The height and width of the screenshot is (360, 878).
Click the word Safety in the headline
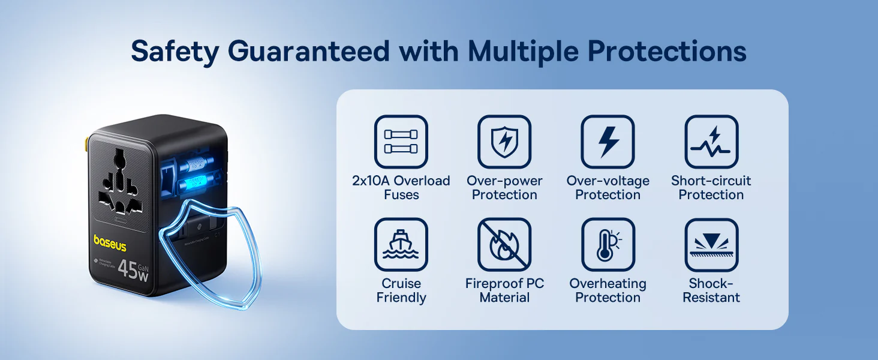[x=175, y=52]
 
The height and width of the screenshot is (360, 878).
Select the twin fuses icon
[x=401, y=142]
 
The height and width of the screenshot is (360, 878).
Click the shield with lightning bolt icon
[x=504, y=142]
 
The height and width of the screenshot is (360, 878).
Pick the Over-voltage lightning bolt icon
[x=608, y=142]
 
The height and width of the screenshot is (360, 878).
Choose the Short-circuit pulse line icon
[x=711, y=142]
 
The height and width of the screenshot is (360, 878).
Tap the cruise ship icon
[x=401, y=245]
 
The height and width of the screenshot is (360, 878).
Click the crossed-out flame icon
[x=504, y=245]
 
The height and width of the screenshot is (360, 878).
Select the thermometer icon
[x=608, y=245]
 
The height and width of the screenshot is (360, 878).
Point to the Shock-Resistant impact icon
[x=711, y=245]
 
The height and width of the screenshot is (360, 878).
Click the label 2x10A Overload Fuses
[x=401, y=187]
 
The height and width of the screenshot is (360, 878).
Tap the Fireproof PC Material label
[x=504, y=290]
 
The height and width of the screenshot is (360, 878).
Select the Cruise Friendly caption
[x=401, y=290]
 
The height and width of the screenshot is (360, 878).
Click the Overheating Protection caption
[x=608, y=290]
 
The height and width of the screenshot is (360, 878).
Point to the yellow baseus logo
[x=110, y=243]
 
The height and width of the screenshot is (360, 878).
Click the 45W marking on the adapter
[x=133, y=270]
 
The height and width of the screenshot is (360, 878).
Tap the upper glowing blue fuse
[x=196, y=163]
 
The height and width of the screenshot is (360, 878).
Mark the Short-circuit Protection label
[x=711, y=187]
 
